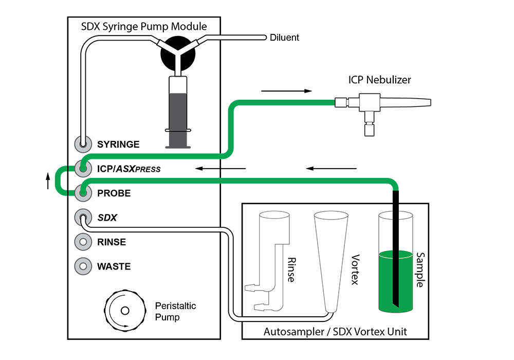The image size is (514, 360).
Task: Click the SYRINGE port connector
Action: [82, 144]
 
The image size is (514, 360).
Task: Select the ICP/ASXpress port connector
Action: [82, 168]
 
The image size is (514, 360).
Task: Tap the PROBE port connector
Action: [82, 193]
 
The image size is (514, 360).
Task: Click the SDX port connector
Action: [82, 218]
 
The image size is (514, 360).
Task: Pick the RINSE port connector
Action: [82, 242]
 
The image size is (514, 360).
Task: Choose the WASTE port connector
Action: [82, 266]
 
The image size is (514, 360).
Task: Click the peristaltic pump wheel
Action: [124, 310]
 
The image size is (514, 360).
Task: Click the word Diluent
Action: [285, 38]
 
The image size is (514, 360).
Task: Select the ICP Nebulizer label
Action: [380, 80]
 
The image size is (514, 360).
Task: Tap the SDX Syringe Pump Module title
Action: [144, 27]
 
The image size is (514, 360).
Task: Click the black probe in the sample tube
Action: [396, 247]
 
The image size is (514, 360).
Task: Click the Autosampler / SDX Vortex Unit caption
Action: [335, 332]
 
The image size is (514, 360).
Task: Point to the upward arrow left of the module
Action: [48, 181]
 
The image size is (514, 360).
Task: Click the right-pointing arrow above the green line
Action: [286, 91]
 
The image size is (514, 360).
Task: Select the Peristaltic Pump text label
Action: [175, 312]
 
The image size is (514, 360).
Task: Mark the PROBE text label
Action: [114, 193]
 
